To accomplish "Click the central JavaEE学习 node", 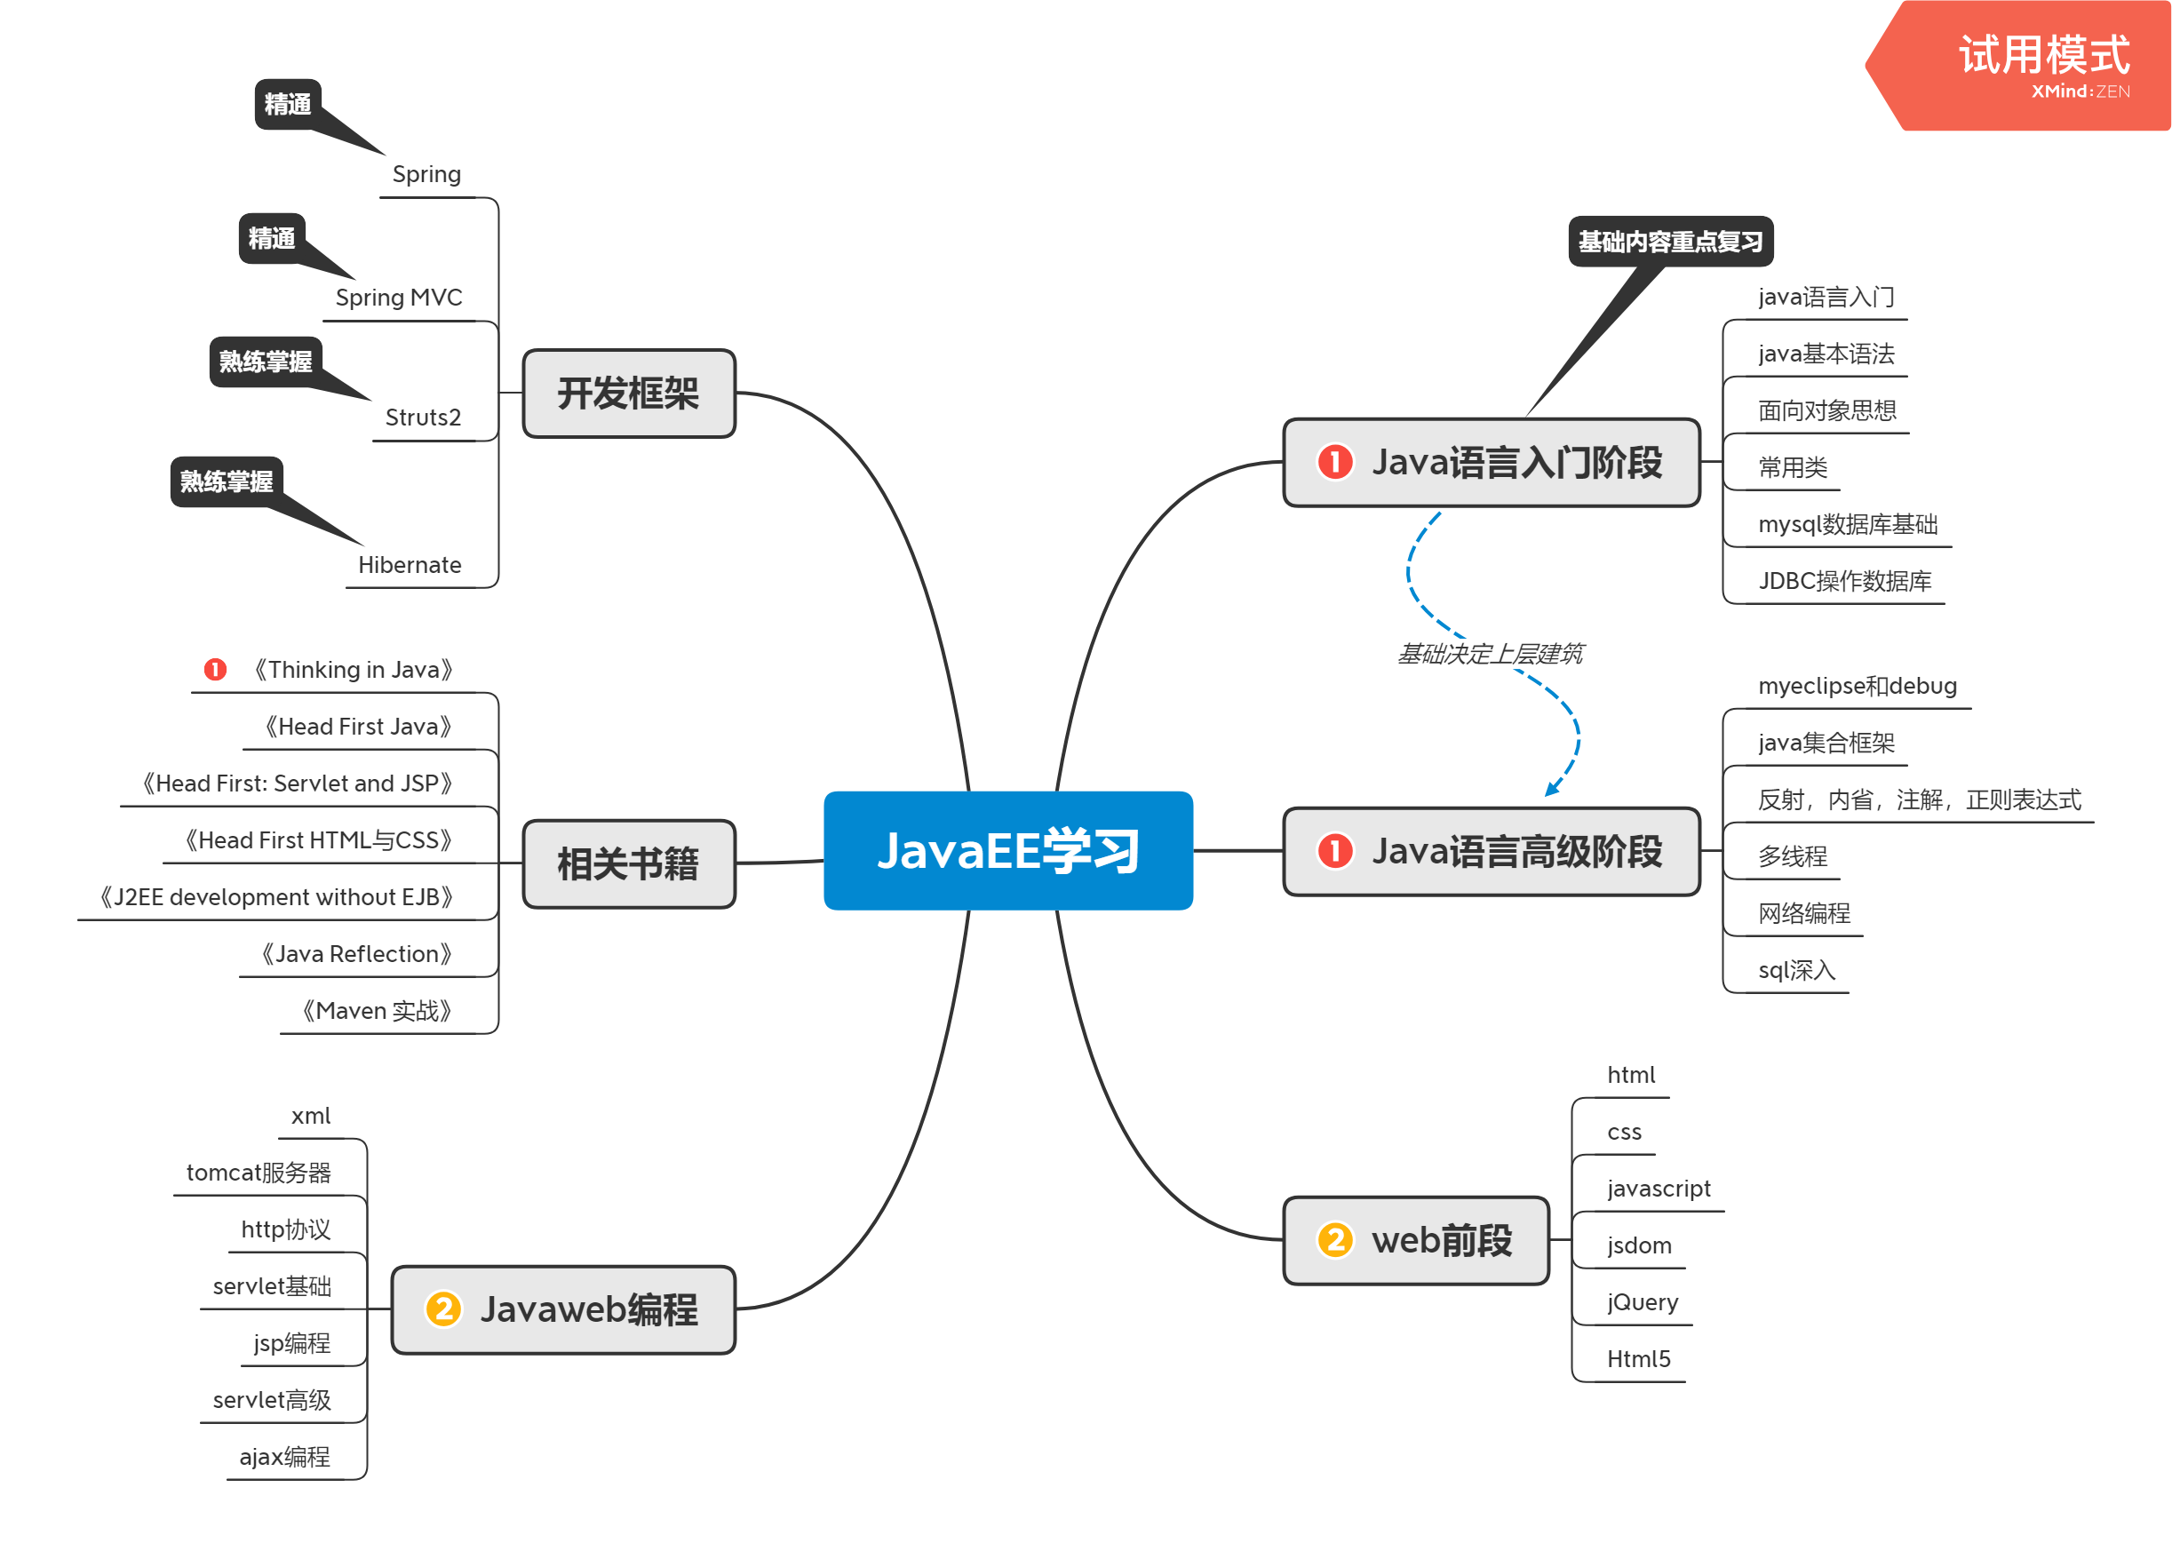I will [1007, 850].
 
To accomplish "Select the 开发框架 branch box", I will [628, 394].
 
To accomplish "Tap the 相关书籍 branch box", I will [628, 863].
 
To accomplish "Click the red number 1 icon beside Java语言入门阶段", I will [1334, 462].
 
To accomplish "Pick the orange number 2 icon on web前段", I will [1334, 1239].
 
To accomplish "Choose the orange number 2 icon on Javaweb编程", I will [443, 1309].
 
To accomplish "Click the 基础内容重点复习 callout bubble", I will [1670, 242].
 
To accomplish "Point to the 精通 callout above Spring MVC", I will [272, 237].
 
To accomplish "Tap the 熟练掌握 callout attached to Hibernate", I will [227, 481].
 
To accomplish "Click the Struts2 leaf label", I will [422, 418].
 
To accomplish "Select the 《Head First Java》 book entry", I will [358, 727].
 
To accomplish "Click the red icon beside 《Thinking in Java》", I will [216, 670].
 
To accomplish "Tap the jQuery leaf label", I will [1643, 1302].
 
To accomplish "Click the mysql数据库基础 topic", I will [1848, 524].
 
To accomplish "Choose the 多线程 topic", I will [1793, 856].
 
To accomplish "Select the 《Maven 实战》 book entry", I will [377, 1010].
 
